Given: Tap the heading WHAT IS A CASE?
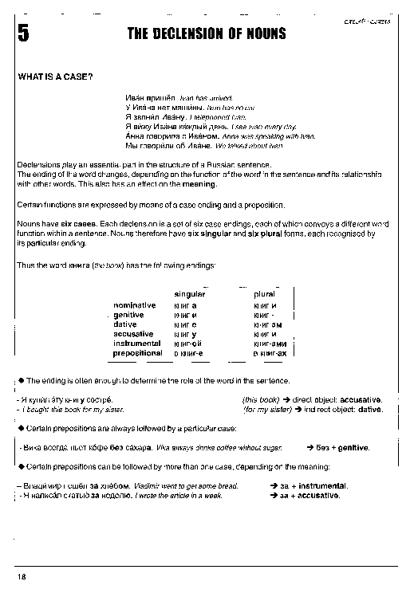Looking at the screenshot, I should tap(55, 77).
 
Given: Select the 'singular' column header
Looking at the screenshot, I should tap(190, 294).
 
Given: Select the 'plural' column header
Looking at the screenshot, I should tap(264, 294).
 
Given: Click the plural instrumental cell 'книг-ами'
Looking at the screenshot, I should tap(267, 344).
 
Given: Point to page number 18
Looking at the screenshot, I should tap(22, 575).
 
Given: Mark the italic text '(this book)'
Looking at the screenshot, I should tap(262, 399).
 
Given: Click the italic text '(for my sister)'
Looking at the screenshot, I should tap(266, 410).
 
